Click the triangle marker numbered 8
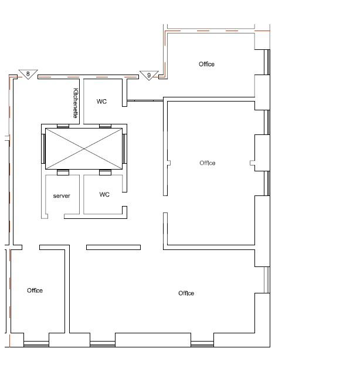click(x=28, y=74)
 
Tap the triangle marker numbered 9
click(x=149, y=75)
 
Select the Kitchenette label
click(x=76, y=103)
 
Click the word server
click(x=62, y=196)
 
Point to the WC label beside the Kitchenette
click(x=101, y=102)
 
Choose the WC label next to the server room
click(x=104, y=194)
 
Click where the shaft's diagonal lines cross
click(x=84, y=148)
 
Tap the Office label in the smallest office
click(x=35, y=290)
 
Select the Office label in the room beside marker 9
click(x=206, y=64)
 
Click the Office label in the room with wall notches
click(x=208, y=163)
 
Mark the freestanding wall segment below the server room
click(x=114, y=247)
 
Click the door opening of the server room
click(x=56, y=216)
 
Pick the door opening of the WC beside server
click(x=124, y=199)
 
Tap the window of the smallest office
click(x=36, y=344)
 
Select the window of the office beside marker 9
click(x=267, y=62)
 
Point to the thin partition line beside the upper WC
click(x=145, y=101)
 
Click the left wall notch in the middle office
click(x=169, y=163)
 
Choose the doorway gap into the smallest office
click(x=31, y=247)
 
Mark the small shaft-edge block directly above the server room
click(x=63, y=173)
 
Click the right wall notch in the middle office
click(x=253, y=163)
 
